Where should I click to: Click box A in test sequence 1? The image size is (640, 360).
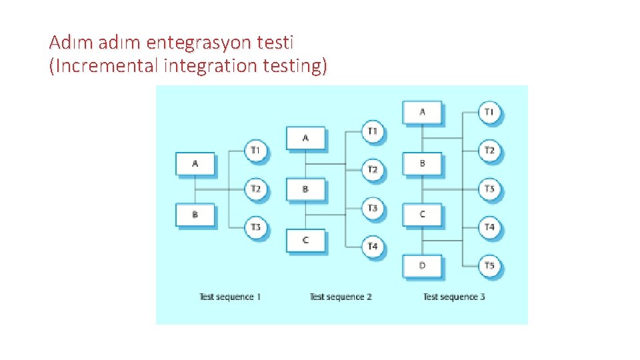[x=195, y=163]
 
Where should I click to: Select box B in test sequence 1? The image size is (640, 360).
[x=195, y=215]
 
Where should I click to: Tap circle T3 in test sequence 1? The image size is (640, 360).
[x=255, y=227]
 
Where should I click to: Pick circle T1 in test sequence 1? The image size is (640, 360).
[x=255, y=150]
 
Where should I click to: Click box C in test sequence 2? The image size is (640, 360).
[x=306, y=240]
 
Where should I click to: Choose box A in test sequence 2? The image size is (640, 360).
[x=306, y=138]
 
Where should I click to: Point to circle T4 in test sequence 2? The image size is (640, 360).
[x=373, y=247]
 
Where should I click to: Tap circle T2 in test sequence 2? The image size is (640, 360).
[x=373, y=169]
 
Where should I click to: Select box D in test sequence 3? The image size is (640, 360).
[x=422, y=266]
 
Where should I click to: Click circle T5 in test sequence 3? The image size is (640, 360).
[x=489, y=266]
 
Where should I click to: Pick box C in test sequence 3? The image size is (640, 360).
[x=422, y=215]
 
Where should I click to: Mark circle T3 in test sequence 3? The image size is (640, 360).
[x=489, y=189]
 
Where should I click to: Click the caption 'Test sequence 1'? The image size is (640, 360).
[x=230, y=297]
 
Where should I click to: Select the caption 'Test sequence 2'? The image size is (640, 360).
[x=341, y=297]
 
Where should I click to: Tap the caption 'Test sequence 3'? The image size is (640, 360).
[x=454, y=297]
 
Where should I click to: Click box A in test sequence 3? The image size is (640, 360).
[x=422, y=112]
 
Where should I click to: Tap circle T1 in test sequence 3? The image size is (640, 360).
[x=489, y=112]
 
